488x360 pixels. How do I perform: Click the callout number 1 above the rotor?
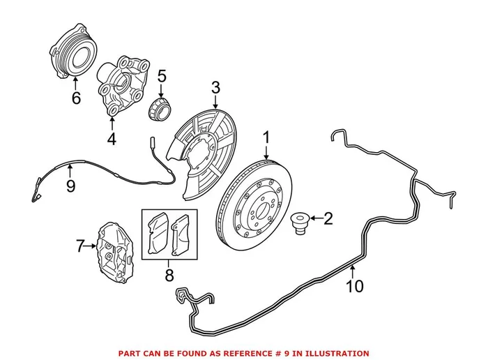266,138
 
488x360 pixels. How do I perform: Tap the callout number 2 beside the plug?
328,219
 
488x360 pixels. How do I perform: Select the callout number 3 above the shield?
215,88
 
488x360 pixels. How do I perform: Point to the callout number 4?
112,139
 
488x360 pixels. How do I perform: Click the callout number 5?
161,75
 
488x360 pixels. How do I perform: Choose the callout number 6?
76,98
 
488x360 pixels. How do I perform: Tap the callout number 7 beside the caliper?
79,246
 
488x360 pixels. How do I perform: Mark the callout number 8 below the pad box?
169,276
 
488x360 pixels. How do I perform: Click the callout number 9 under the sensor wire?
70,186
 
